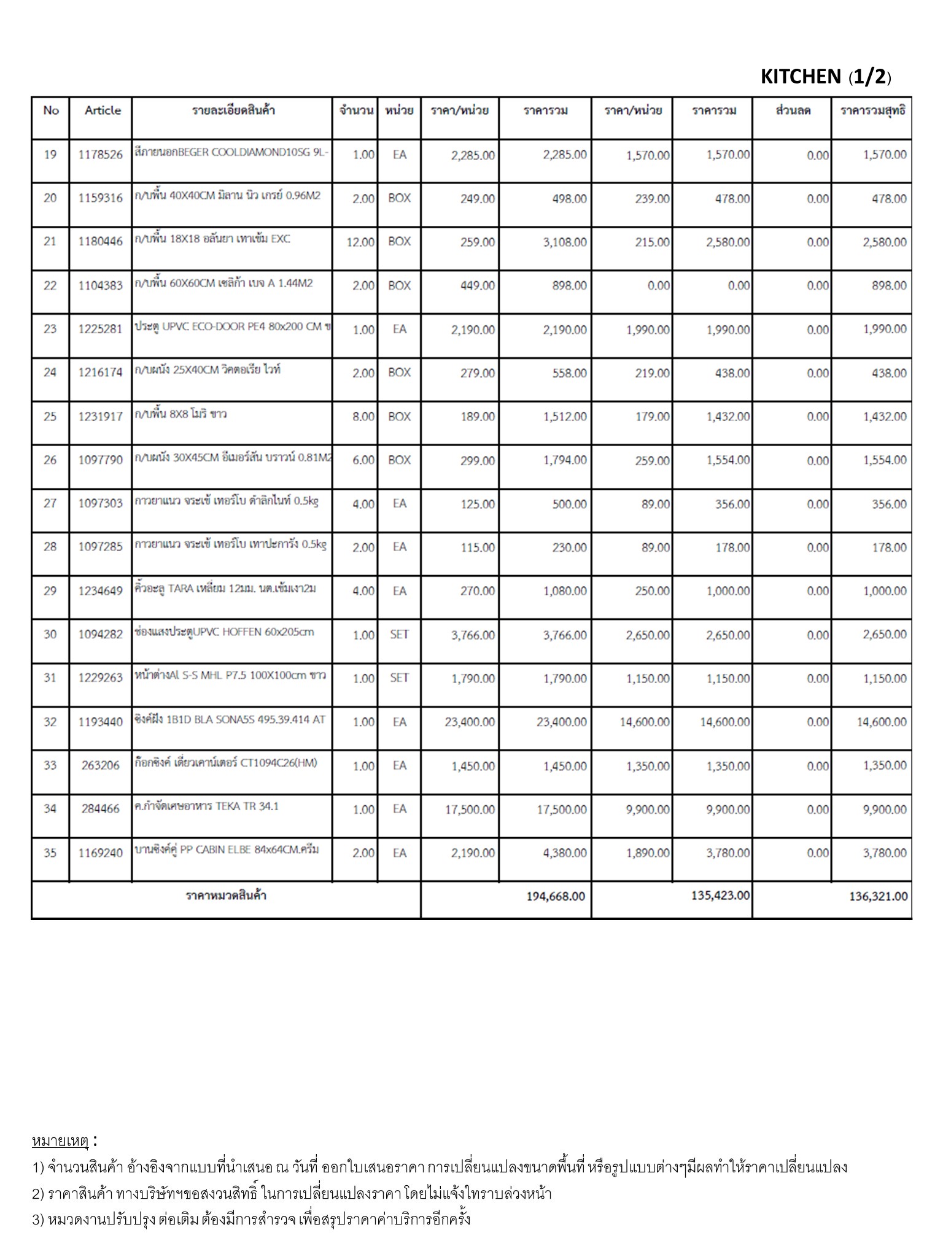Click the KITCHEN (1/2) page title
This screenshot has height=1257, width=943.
(825, 77)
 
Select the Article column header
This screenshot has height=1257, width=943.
(103, 110)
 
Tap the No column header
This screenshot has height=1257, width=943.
(51, 110)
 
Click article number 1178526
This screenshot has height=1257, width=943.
(101, 155)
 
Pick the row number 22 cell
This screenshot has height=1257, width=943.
(50, 285)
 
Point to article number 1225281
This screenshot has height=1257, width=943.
(101, 329)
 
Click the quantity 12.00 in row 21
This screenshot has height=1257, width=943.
(360, 242)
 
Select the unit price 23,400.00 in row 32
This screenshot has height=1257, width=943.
(470, 722)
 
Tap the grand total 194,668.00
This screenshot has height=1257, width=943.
(556, 897)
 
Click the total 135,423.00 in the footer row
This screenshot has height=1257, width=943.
(720, 895)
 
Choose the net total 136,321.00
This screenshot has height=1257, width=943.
(879, 897)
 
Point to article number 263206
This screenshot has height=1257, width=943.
(101, 765)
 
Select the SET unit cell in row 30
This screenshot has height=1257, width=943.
(399, 635)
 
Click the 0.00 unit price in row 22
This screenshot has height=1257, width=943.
(658, 286)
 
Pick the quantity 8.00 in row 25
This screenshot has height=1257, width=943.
(363, 417)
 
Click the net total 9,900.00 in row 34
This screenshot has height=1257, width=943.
(884, 810)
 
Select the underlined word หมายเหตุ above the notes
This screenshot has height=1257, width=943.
(60, 1141)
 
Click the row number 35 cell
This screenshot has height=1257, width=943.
(50, 853)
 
